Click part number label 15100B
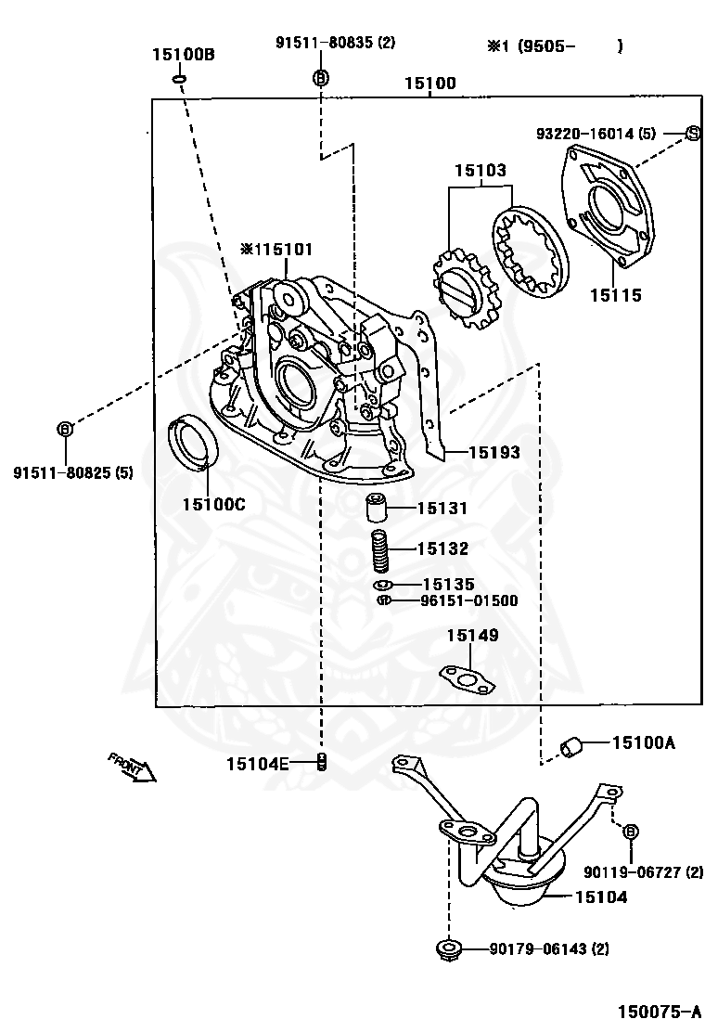[x=184, y=54]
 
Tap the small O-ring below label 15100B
[x=178, y=80]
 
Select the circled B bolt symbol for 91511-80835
[x=320, y=78]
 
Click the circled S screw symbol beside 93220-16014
[x=693, y=133]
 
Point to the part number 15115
[x=615, y=294]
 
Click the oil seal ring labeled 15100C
[x=194, y=442]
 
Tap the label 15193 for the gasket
[x=493, y=452]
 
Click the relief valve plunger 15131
[x=376, y=508]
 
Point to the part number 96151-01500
[x=468, y=600]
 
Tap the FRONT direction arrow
[x=133, y=767]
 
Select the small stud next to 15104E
[x=322, y=762]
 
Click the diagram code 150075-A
[x=658, y=1011]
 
